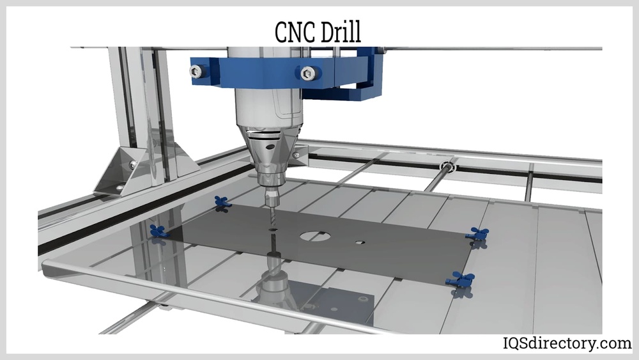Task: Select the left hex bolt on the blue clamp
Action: [197, 72]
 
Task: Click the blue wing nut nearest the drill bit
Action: [223, 202]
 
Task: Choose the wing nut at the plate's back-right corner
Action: [476, 234]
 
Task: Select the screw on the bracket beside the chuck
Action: [295, 154]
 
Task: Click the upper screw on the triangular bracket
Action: [132, 165]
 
